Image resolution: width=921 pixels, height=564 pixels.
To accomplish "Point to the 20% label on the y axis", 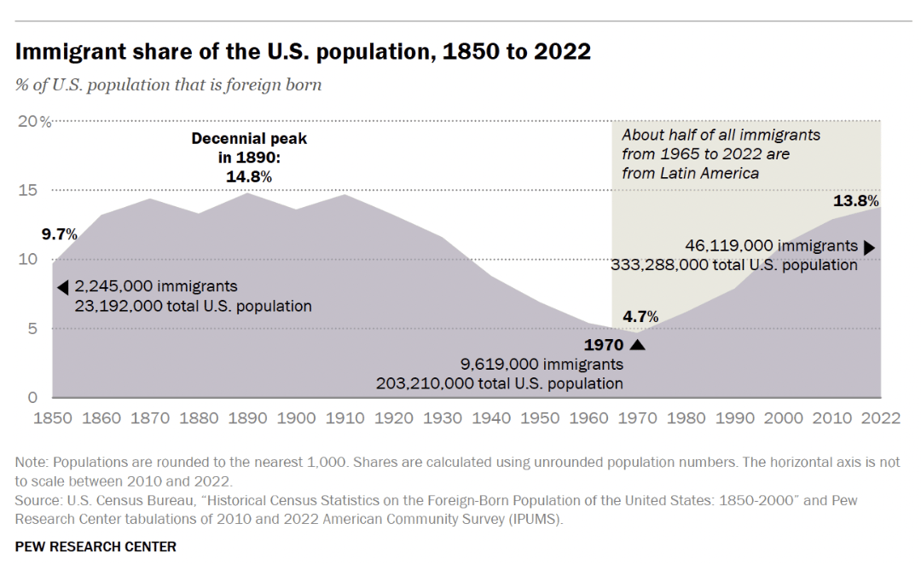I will [x=34, y=121].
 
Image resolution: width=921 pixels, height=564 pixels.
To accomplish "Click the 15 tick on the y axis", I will [x=27, y=190].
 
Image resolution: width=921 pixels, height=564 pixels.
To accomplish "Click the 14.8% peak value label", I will [x=249, y=176].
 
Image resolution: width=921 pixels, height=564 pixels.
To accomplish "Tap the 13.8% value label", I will [x=855, y=202].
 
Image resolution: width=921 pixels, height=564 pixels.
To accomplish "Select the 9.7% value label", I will [x=59, y=233].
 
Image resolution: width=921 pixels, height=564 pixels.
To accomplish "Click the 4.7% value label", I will [x=641, y=317].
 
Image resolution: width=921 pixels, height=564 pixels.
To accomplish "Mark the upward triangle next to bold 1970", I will [x=637, y=345].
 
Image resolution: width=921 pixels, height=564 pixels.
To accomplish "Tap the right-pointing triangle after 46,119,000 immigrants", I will [x=869, y=248].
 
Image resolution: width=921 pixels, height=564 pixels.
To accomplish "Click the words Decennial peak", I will [x=249, y=138].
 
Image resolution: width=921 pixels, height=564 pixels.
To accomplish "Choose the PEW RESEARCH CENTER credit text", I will [x=96, y=546].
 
